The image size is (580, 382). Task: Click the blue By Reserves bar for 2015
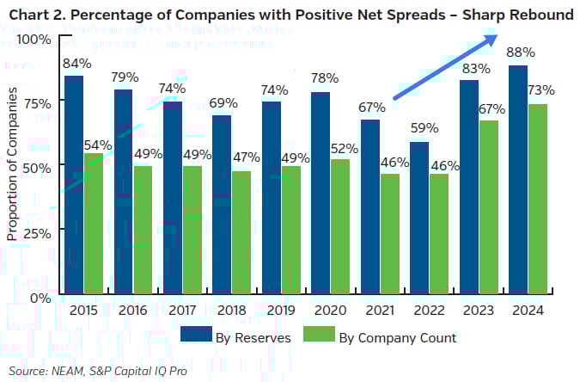click(74, 186)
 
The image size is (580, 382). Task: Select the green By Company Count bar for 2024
click(538, 200)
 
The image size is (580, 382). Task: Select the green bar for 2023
click(488, 208)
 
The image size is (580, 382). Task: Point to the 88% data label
click(518, 52)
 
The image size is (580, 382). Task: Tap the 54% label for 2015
click(97, 145)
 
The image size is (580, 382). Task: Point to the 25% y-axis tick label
click(38, 233)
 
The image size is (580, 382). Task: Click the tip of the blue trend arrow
click(498, 34)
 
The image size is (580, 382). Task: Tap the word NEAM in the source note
click(66, 370)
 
